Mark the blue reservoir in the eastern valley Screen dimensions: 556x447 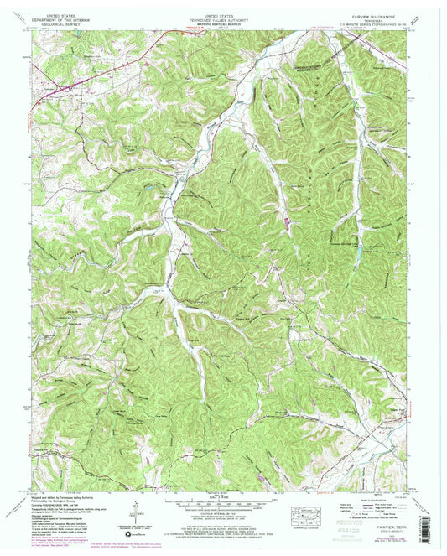[x=360, y=251]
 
